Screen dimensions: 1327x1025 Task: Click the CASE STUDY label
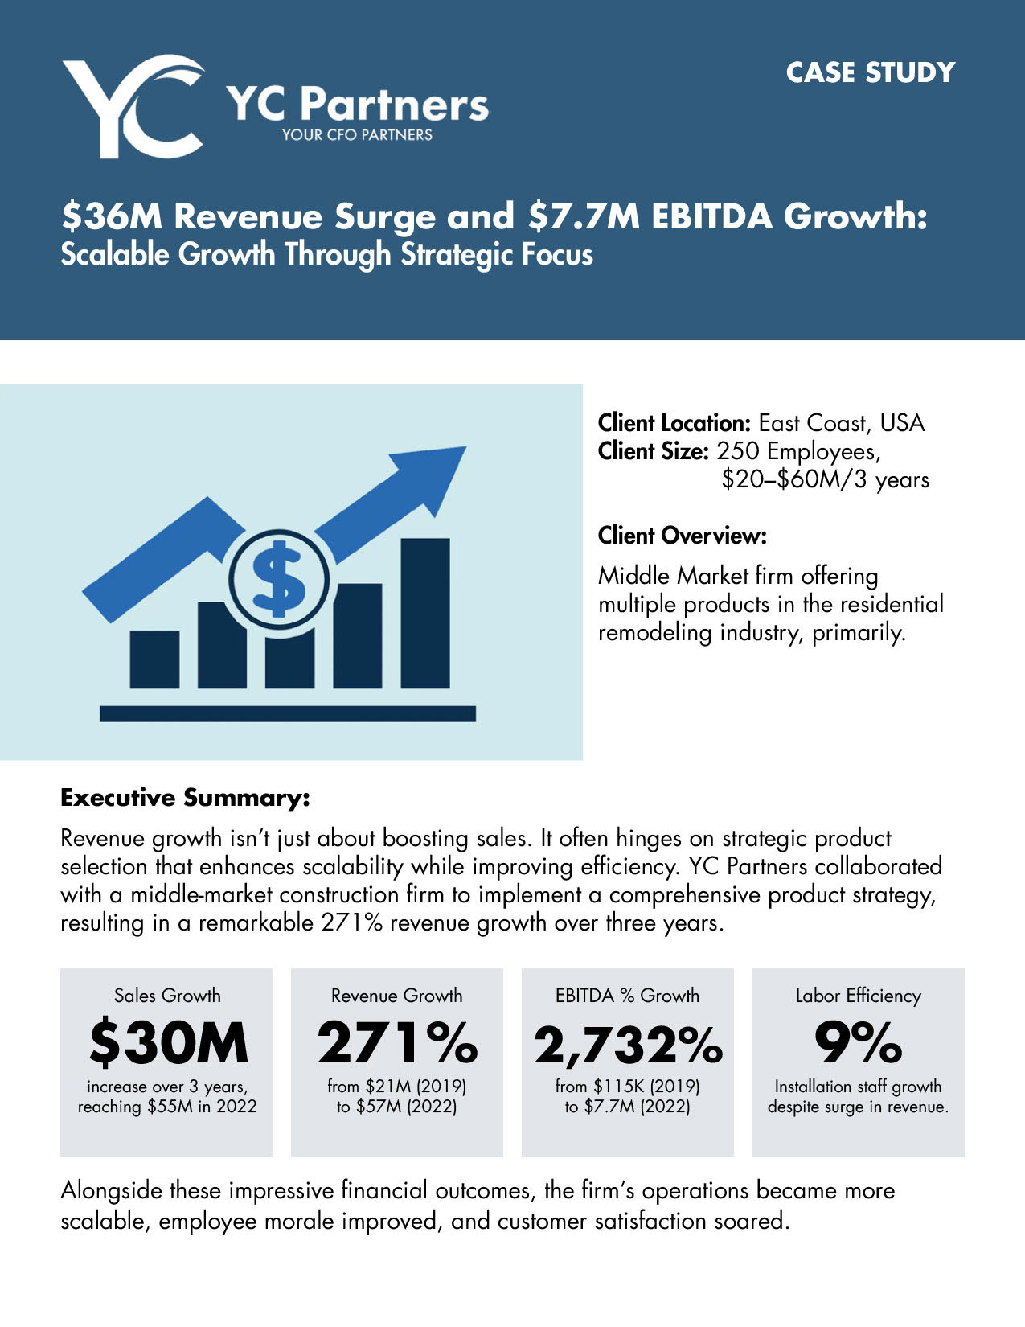click(x=870, y=72)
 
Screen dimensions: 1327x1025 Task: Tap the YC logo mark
click(x=133, y=106)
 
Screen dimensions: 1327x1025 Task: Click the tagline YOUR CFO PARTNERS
click(x=357, y=135)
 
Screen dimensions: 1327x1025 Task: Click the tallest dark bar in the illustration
click(x=424, y=613)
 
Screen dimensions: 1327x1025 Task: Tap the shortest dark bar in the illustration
click(x=154, y=659)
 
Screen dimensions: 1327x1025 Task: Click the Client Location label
click(x=674, y=423)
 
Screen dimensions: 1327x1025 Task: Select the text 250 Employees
click(x=797, y=451)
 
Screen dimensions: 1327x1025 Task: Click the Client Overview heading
click(x=682, y=535)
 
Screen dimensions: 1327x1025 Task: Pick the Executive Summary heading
click(x=185, y=798)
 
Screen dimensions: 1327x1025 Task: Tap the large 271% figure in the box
click(x=397, y=1042)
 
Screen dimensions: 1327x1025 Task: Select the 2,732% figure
click(x=628, y=1044)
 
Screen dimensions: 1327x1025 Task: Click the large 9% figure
click(x=858, y=1042)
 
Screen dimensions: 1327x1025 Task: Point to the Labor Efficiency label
click(x=858, y=996)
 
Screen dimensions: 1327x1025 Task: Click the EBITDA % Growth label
click(x=627, y=996)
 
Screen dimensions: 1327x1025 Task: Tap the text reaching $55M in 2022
click(x=167, y=1107)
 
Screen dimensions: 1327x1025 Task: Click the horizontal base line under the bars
click(x=287, y=713)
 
